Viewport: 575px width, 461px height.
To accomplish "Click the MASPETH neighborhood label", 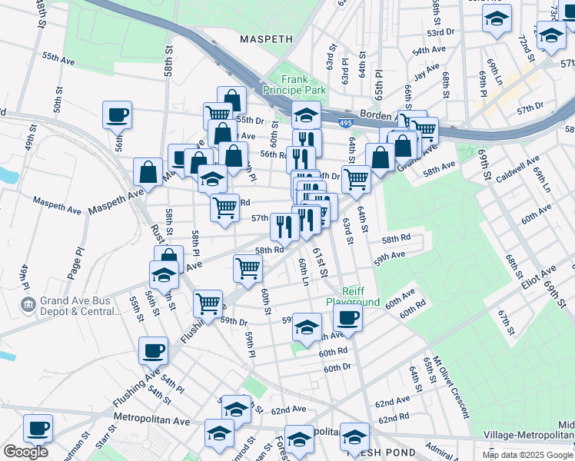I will click(266, 38).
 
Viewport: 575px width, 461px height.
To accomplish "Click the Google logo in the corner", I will click(25, 451).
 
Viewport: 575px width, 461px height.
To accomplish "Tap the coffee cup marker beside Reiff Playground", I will click(348, 319).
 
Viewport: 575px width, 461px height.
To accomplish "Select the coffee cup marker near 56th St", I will click(117, 115).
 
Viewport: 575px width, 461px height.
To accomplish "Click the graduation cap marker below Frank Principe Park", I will click(306, 116).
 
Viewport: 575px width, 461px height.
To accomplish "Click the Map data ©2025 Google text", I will click(527, 455).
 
